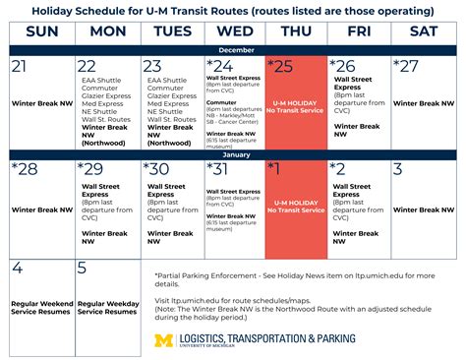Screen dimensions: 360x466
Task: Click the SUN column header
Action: (40, 31)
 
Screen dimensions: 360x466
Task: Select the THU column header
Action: (296, 31)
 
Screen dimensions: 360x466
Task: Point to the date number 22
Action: (87, 67)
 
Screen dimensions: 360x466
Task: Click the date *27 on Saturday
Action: (407, 67)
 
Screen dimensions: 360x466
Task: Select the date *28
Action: (25, 170)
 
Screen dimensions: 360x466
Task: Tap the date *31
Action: (219, 170)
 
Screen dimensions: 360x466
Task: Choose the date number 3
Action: (397, 170)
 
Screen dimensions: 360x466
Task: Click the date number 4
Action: (17, 269)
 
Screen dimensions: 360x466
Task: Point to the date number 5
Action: (82, 269)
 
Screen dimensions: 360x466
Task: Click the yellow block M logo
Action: (165, 341)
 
